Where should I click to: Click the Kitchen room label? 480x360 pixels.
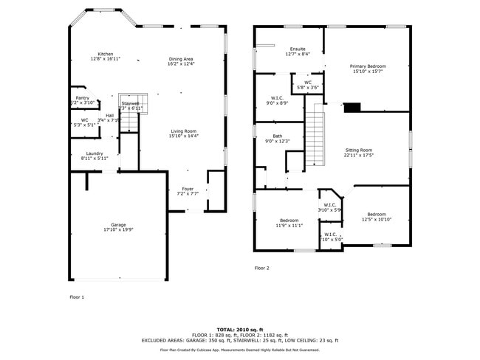106,55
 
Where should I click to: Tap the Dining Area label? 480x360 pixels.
181,59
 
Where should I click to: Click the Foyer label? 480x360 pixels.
188,189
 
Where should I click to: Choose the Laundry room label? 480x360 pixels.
95,153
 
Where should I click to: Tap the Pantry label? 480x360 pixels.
82,98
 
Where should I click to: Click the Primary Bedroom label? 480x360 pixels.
368,66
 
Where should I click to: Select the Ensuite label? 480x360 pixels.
298,49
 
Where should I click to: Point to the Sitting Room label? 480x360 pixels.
359,150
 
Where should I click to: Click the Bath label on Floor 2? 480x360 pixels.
277,136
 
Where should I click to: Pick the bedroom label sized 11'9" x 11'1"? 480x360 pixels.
289,221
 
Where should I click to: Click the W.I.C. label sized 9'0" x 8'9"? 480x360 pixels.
277,97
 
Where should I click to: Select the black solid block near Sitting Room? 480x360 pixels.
352,108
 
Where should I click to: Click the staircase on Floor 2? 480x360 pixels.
315,136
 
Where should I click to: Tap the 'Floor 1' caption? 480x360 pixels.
77,297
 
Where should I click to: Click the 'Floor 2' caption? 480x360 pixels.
262,268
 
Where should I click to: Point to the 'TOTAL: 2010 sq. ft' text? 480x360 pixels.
240,329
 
